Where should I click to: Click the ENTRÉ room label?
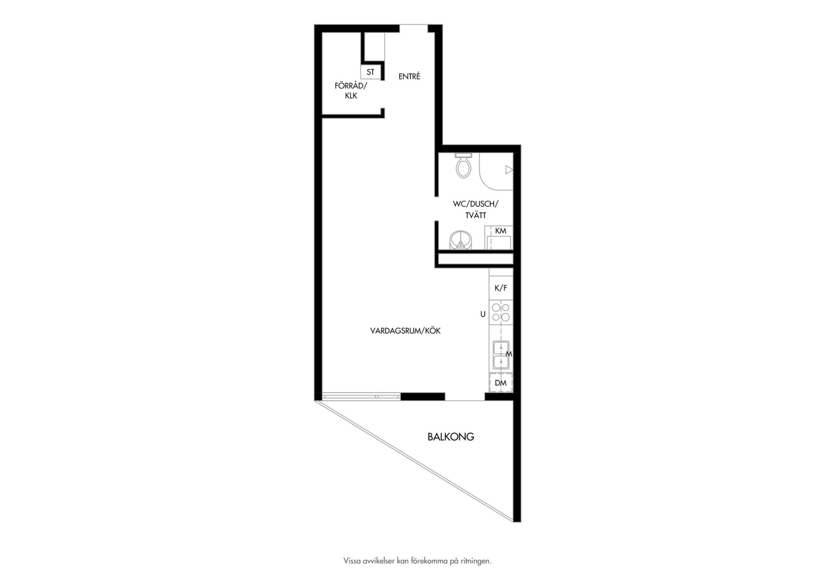(x=409, y=76)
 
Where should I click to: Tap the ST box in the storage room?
(x=371, y=72)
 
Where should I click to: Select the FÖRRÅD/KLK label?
(x=351, y=90)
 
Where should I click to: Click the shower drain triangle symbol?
(x=509, y=169)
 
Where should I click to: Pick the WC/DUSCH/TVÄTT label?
(x=476, y=210)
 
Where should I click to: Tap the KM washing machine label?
(x=500, y=230)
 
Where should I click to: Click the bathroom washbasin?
(x=460, y=240)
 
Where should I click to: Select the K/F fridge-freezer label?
(x=501, y=288)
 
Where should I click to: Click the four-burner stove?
(x=501, y=313)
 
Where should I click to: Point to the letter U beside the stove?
(x=483, y=314)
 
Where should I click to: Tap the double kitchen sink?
(x=501, y=355)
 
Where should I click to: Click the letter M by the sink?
(x=509, y=354)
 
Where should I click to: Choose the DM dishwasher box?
(x=500, y=383)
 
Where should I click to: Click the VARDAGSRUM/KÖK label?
(x=405, y=331)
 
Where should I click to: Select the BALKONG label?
(x=451, y=437)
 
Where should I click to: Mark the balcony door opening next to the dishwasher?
(x=465, y=396)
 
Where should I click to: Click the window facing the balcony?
(x=362, y=396)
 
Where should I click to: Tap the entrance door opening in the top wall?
(x=414, y=29)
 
